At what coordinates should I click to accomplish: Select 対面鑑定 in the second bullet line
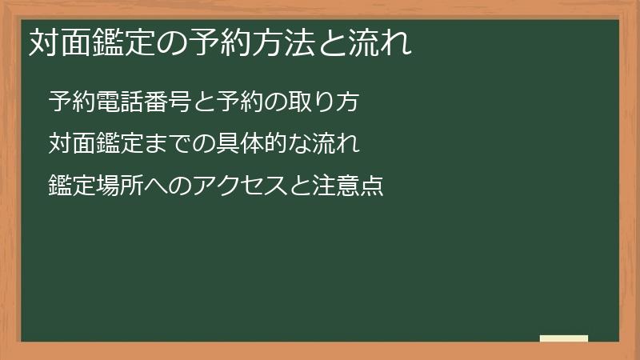[x=94, y=144]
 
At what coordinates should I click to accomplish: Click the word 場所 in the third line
[x=117, y=186]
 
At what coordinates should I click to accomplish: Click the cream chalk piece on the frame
[x=564, y=338]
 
